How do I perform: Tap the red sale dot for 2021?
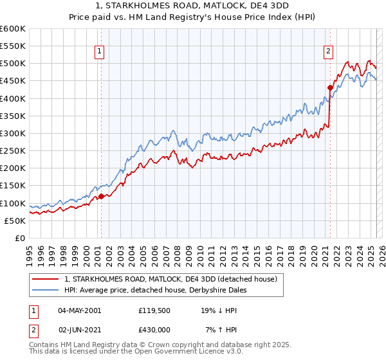[330, 88]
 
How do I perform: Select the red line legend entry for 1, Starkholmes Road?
[170, 279]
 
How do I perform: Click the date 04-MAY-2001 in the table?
[79, 310]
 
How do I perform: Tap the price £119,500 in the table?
[153, 310]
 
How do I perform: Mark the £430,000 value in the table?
[153, 329]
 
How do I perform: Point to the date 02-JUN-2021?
[79, 329]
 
